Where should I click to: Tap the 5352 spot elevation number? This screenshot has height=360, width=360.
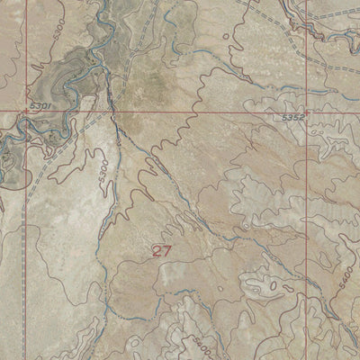[292, 117]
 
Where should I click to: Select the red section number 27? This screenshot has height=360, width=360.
[162, 252]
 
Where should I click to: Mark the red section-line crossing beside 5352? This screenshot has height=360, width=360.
[307, 112]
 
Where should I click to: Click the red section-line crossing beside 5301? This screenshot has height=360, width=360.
[25, 112]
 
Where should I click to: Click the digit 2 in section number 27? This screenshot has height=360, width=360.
[157, 252]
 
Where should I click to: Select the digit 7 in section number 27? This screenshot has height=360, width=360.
[167, 252]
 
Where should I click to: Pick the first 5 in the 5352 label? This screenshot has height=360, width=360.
[284, 117]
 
